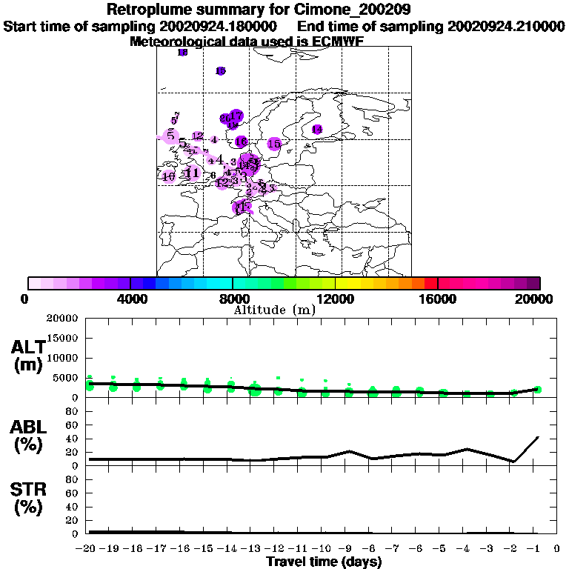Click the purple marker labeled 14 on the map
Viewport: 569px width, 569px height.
pyautogui.click(x=317, y=130)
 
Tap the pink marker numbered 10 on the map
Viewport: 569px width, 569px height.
pyautogui.click(x=169, y=176)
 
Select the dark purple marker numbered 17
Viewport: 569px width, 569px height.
pyautogui.click(x=236, y=116)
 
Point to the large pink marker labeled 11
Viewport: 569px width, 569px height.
pyautogui.click(x=193, y=173)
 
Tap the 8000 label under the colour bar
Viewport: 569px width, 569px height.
pyautogui.click(x=233, y=299)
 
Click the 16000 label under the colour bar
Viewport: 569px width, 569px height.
pyautogui.click(x=437, y=299)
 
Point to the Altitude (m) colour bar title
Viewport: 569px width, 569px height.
pyautogui.click(x=275, y=310)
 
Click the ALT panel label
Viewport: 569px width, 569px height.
pyautogui.click(x=27, y=356)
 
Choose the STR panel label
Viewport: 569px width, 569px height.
pyautogui.click(x=27, y=499)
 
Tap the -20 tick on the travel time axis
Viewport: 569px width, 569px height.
pyautogui.click(x=88, y=549)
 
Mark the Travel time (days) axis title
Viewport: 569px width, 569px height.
pyautogui.click(x=324, y=562)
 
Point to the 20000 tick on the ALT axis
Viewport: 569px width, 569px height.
pyautogui.click(x=61, y=319)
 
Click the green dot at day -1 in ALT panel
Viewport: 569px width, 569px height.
pyautogui.click(x=538, y=390)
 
